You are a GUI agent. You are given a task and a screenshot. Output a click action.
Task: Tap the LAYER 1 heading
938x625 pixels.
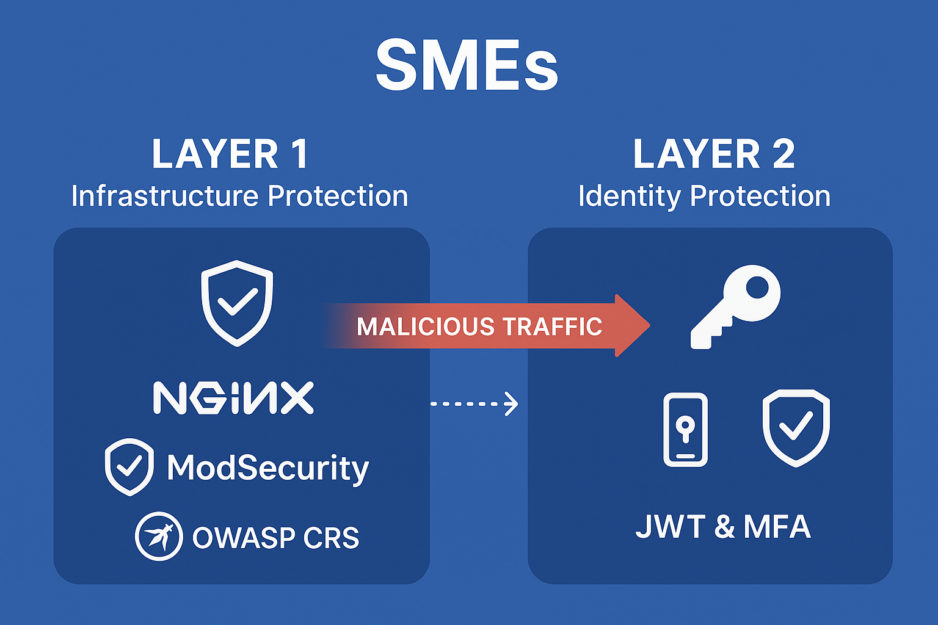coord(230,154)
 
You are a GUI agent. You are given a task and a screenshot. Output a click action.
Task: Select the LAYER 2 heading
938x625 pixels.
coord(714,154)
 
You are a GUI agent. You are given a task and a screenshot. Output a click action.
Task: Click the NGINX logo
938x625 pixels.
coord(233,398)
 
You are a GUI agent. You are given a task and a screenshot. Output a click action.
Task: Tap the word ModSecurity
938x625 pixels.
coord(268,468)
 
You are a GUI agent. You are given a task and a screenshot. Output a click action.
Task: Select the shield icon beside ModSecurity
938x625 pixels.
coord(129,466)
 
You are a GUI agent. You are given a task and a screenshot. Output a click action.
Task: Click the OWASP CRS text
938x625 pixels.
coord(275,538)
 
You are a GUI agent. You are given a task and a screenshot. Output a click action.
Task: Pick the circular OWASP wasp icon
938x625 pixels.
coord(159,536)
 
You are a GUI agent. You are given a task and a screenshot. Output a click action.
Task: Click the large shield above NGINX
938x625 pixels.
coord(237,303)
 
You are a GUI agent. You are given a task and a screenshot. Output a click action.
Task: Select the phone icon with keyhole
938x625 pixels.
coord(685,430)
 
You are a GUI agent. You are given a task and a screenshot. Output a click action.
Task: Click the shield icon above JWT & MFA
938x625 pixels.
coord(796,427)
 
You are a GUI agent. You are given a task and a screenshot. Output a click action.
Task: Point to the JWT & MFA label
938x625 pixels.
coord(723,526)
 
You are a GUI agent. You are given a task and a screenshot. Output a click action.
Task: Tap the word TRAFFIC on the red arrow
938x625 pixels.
coord(552,327)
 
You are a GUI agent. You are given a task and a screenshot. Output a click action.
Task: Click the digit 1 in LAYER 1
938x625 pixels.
coord(300,154)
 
